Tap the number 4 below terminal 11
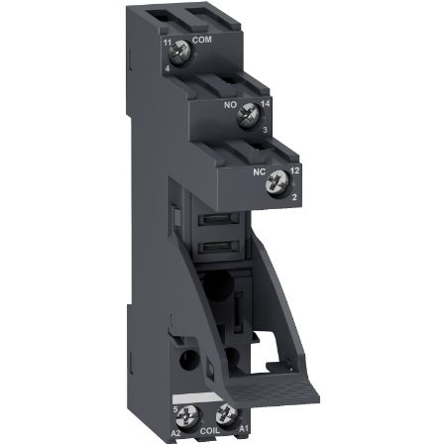coord(168,69)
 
